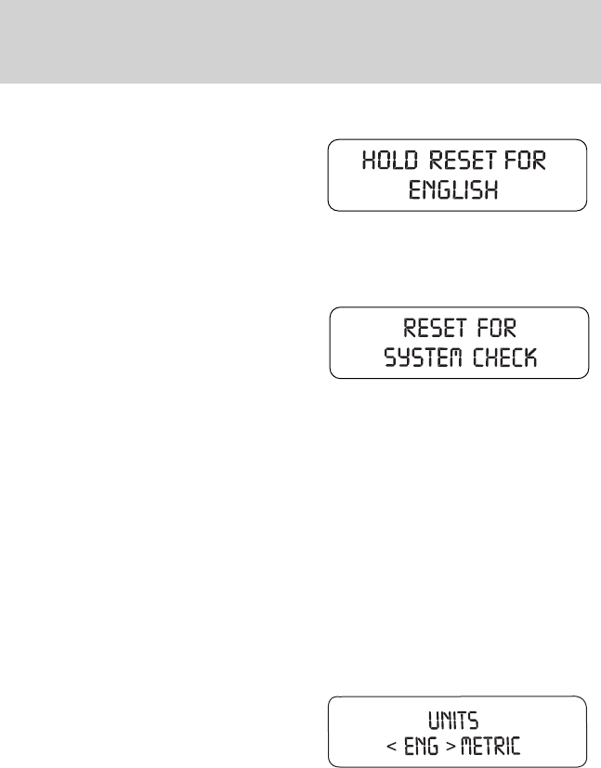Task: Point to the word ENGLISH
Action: click(x=456, y=192)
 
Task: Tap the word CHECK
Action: click(x=506, y=359)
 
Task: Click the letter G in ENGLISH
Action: click(x=445, y=192)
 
